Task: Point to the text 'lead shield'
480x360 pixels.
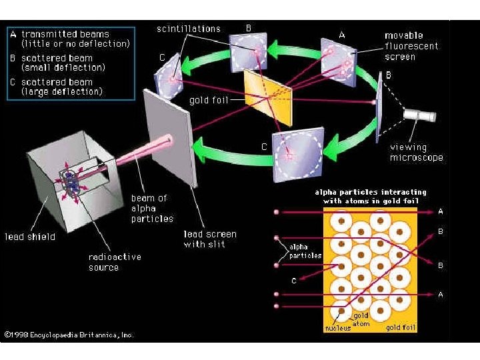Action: tap(30, 237)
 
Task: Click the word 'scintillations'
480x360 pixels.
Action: tap(189, 29)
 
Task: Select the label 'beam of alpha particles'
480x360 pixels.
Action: tap(152, 208)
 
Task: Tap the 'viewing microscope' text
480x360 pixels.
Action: tap(417, 153)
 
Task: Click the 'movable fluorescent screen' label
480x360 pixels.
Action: tap(412, 46)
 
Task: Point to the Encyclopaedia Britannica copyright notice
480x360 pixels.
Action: tap(69, 335)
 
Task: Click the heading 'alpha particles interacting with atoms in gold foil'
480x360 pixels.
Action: tap(370, 197)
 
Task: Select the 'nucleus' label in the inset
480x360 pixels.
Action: tap(337, 329)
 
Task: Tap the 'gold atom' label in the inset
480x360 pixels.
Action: tap(361, 319)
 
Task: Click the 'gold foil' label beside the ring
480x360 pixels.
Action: tap(209, 101)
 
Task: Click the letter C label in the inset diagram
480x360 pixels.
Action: tap(293, 281)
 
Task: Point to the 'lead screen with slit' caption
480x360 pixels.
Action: tap(210, 239)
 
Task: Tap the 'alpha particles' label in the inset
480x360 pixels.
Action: tap(305, 251)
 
